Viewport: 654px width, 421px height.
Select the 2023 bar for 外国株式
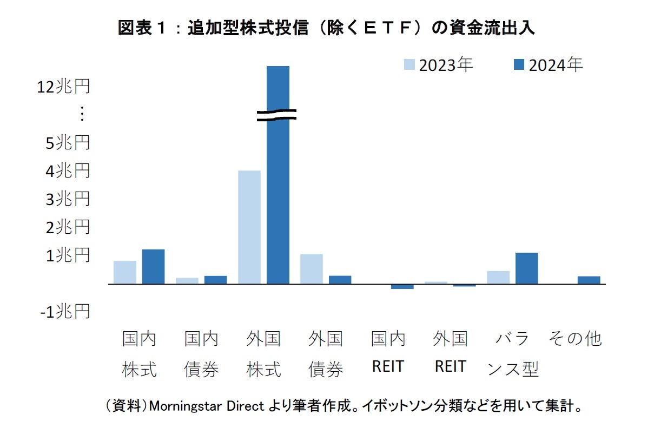[249, 227]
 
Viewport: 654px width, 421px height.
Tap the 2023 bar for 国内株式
[125, 272]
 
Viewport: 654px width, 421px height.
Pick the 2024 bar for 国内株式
[153, 267]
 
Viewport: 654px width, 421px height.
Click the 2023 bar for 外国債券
[312, 269]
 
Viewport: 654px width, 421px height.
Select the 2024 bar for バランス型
[526, 268]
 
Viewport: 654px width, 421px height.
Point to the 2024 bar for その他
[589, 280]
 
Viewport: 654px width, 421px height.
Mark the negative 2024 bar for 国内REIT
[402, 286]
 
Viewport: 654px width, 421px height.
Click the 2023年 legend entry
[439, 65]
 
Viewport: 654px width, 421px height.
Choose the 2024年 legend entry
[547, 65]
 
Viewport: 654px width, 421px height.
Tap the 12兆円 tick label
[64, 87]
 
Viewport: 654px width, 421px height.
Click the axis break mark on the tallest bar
[276, 115]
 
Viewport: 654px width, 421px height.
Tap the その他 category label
[574, 339]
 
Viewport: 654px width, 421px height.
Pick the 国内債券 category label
[201, 354]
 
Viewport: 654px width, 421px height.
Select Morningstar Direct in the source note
[206, 405]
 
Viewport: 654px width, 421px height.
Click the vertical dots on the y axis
[82, 114]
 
